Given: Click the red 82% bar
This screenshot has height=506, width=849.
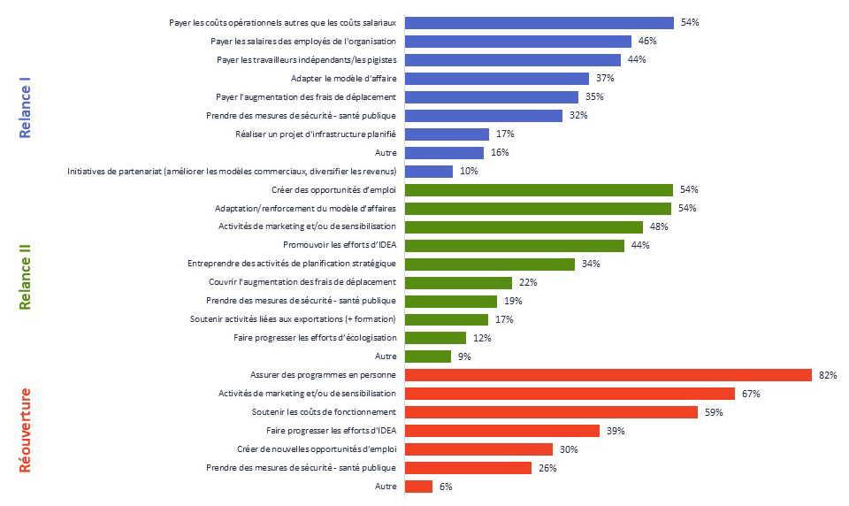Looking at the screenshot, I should point(608,375).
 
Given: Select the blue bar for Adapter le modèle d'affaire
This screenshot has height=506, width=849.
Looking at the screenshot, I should point(497,79).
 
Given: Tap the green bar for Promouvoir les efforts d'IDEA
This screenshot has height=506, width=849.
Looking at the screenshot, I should point(515,245).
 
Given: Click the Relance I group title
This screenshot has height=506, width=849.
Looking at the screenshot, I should point(27,107).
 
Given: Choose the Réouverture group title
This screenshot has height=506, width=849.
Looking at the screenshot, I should point(27,430).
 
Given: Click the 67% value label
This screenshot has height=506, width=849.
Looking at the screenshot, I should point(751,394).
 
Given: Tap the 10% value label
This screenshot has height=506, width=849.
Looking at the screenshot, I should point(469,172).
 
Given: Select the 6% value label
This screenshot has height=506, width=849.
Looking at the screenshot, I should point(447,487).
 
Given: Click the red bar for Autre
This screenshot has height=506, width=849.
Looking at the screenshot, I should point(418,487).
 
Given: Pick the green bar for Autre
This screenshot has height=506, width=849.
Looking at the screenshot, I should point(428,356).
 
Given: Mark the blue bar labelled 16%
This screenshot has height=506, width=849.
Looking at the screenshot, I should point(444,153).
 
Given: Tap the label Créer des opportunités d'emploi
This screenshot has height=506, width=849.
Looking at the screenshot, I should point(333,190).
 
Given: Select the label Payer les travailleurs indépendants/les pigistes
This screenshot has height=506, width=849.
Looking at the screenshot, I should point(306,60).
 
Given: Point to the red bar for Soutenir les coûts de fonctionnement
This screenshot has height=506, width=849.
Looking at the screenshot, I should point(551,412).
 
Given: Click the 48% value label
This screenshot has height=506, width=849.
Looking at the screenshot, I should point(659,226).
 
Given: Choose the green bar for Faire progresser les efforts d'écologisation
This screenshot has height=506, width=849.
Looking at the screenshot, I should point(435,338).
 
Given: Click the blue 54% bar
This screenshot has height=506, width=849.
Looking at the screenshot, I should point(539,23).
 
